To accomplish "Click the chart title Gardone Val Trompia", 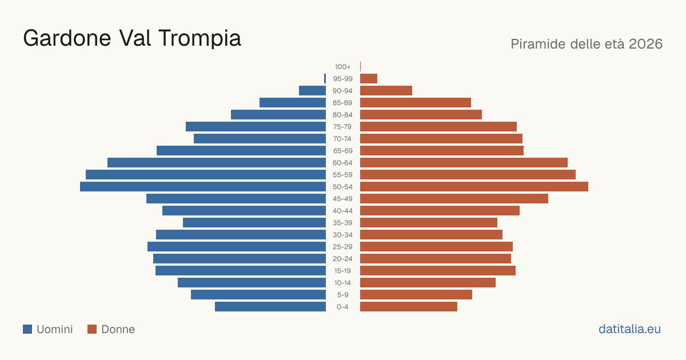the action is (x=132, y=38).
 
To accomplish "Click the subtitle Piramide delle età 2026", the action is (x=587, y=44).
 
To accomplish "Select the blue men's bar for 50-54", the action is (x=203, y=187).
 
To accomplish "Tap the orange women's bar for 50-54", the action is (x=474, y=187).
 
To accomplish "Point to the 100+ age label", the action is (x=342, y=67).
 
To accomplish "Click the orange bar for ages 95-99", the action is (x=369, y=79).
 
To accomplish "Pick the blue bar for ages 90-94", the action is (x=312, y=91).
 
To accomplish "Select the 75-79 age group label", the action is (x=342, y=127).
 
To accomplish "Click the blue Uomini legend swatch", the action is (x=27, y=329).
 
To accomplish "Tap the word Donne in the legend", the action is (x=118, y=329).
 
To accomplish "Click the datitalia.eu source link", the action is (x=629, y=329).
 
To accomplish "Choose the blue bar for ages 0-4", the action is (x=270, y=307).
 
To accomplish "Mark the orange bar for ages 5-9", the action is (x=416, y=295).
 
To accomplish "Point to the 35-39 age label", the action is (x=342, y=223).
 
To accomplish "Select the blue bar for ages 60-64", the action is (x=217, y=162).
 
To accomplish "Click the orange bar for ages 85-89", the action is (x=416, y=102).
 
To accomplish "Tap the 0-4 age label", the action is (x=342, y=307).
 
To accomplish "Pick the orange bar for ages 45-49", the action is (x=454, y=199).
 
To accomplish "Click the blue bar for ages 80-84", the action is (x=278, y=114).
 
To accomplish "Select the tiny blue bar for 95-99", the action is (x=325, y=79).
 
